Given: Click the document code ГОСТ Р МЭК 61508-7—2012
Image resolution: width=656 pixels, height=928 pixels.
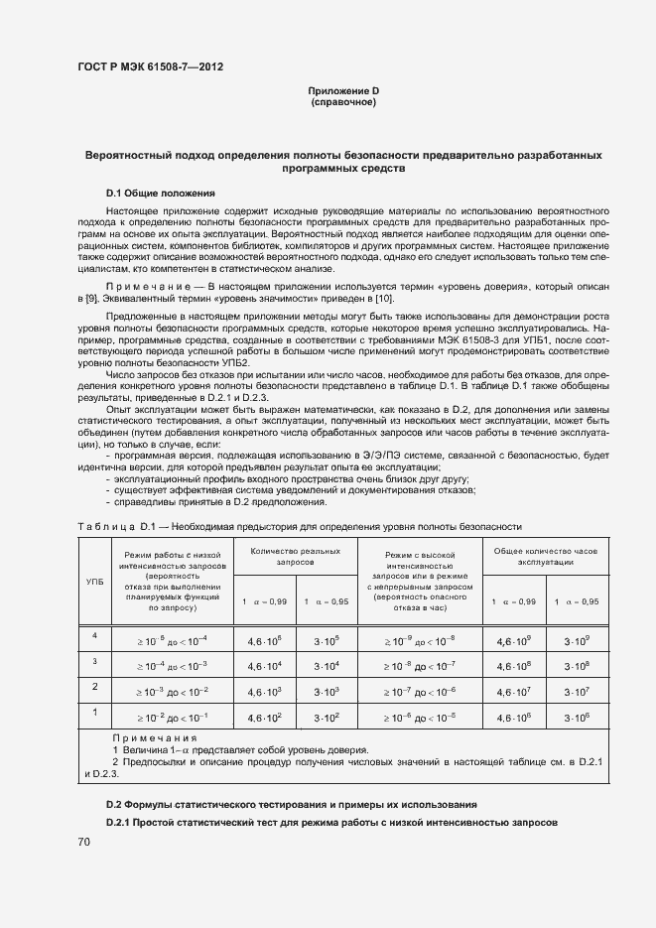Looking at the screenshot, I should click(149, 67).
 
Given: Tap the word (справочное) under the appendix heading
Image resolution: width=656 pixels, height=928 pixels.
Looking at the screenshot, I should click(343, 102).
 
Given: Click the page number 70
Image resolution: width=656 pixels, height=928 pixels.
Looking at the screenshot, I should click(84, 843).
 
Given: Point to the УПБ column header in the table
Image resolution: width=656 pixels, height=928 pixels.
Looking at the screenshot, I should click(95, 581).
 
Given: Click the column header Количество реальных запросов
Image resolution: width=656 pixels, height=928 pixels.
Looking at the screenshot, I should click(295, 556).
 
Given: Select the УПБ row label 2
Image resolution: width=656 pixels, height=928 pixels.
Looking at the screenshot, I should click(95, 687).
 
